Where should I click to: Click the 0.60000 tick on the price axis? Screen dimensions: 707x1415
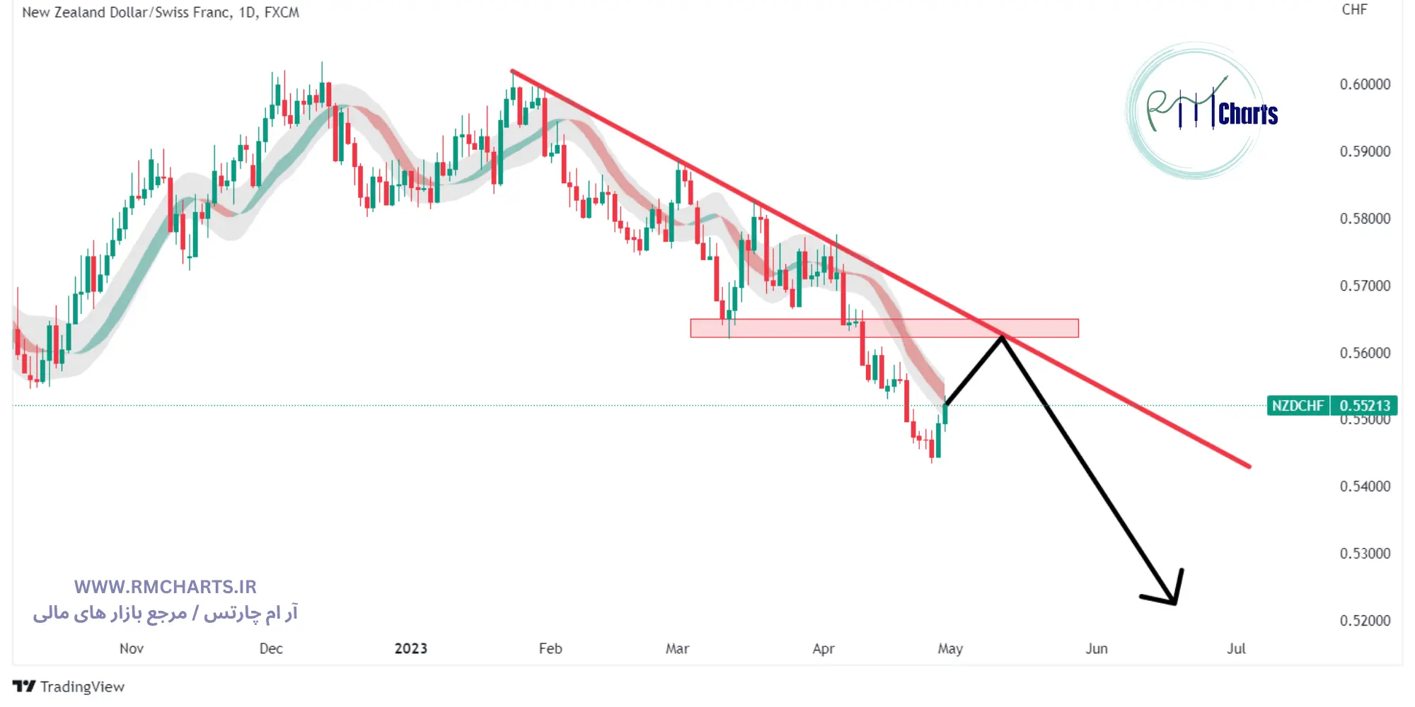1364,84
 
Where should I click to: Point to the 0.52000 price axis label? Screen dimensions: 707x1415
1364,620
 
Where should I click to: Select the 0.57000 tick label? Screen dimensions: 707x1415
1364,286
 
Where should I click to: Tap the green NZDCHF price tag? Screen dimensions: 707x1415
1298,406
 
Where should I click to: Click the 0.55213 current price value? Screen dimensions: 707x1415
1364,406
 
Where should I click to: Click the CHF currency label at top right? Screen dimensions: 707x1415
1354,10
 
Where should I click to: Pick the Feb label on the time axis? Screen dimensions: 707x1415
550,648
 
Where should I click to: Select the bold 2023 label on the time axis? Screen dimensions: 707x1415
411,648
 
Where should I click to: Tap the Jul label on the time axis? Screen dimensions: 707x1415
1236,648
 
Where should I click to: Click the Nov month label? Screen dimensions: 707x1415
132,648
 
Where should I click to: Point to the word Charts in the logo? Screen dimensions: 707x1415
1248,115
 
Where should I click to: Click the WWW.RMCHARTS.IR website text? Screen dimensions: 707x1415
165,587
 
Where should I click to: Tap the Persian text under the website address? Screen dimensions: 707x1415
165,613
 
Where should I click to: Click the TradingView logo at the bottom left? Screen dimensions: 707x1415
69,686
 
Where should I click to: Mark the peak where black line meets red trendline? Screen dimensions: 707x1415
1002,337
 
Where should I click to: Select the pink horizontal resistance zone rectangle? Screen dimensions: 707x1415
884,328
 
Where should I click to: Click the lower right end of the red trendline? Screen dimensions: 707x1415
1249,466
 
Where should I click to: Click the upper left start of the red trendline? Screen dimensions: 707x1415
512,71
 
